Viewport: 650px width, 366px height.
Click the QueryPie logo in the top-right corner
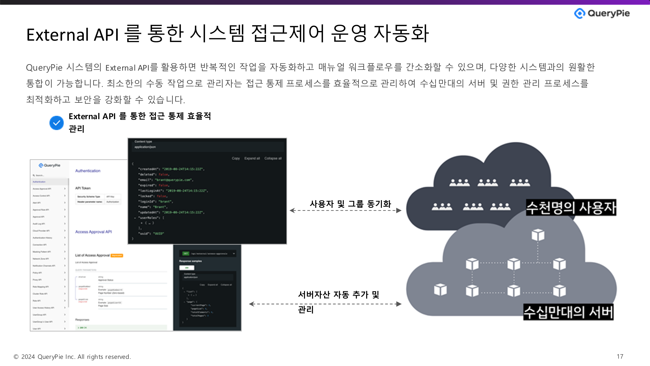click(x=602, y=13)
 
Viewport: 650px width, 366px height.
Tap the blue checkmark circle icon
click(x=57, y=123)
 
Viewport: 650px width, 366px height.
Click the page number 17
click(x=620, y=356)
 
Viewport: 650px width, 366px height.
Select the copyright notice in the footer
click(x=72, y=357)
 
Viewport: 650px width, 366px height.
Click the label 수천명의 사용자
click(x=571, y=208)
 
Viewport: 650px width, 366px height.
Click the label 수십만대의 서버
click(x=568, y=312)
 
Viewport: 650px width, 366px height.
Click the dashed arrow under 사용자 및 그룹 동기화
click(x=345, y=210)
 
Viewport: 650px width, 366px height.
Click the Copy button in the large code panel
click(x=236, y=158)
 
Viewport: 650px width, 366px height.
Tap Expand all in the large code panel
click(x=252, y=158)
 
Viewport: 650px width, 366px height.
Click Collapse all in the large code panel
click(x=273, y=158)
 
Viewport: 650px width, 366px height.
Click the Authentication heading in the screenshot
click(x=88, y=171)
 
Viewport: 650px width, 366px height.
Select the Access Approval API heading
click(x=93, y=232)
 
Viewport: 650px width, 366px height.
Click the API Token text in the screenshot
click(x=83, y=188)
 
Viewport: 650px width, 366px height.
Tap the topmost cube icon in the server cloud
click(x=538, y=235)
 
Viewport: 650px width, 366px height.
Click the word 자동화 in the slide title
click(x=401, y=34)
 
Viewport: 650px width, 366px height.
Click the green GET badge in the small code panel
click(x=186, y=253)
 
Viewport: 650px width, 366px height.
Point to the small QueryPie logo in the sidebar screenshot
click(x=49, y=165)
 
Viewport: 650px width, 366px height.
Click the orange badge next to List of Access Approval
click(x=117, y=255)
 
